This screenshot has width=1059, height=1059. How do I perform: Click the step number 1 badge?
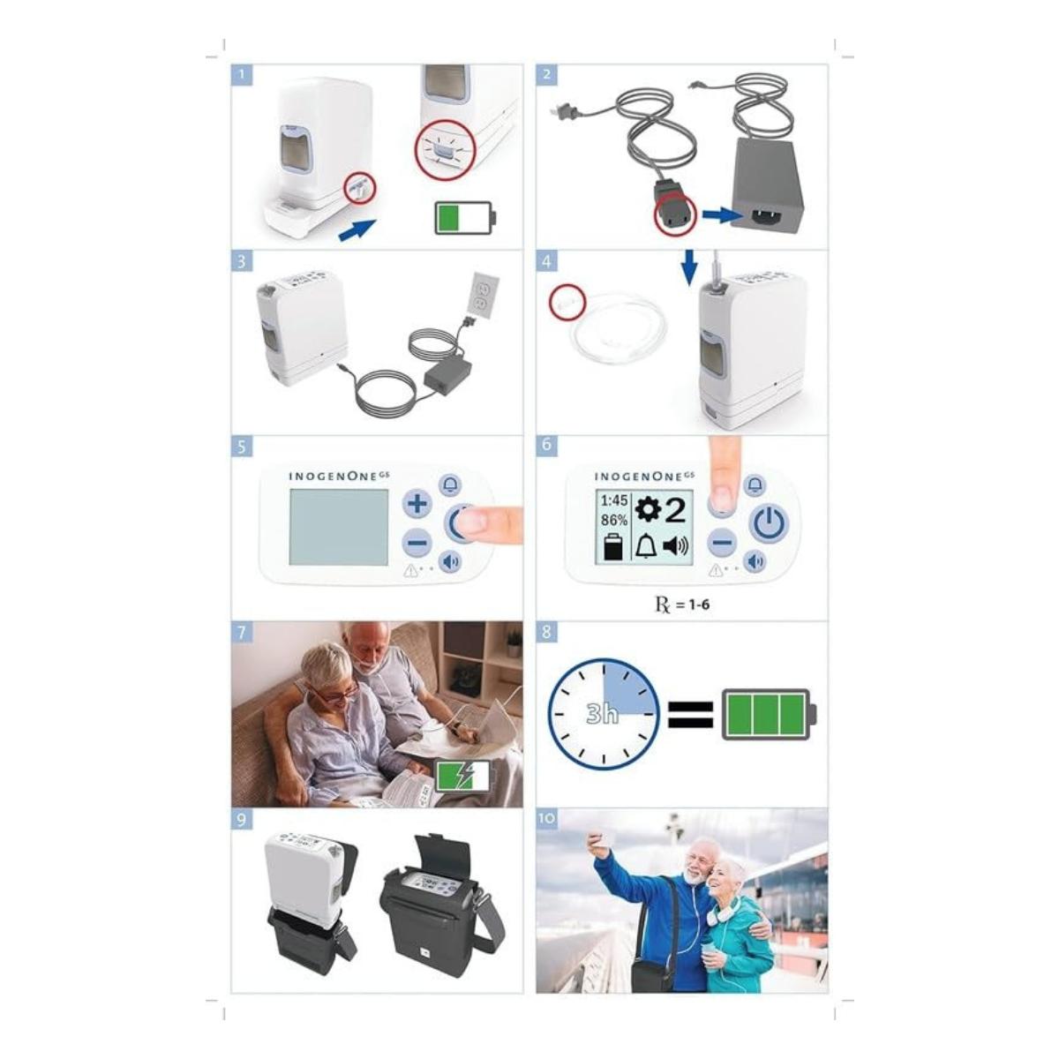tap(241, 74)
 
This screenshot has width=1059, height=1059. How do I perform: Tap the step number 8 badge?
tap(546, 632)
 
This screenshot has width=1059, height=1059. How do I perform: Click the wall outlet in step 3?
tap(483, 295)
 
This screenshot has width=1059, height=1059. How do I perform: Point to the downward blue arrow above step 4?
tap(688, 267)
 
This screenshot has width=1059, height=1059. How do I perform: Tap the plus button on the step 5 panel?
tap(417, 503)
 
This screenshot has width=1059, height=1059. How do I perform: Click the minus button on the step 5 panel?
tap(417, 543)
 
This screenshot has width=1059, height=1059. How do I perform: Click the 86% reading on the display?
tap(614, 520)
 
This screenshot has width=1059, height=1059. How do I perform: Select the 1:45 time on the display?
tap(614, 500)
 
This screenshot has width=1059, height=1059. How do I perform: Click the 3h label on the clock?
tap(603, 715)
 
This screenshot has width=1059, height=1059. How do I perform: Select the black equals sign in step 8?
tap(690, 715)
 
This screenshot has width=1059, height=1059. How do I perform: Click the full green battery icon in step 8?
tap(769, 714)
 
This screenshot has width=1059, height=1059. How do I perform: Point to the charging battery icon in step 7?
tap(465, 776)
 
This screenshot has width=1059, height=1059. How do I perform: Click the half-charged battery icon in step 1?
tap(465, 218)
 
